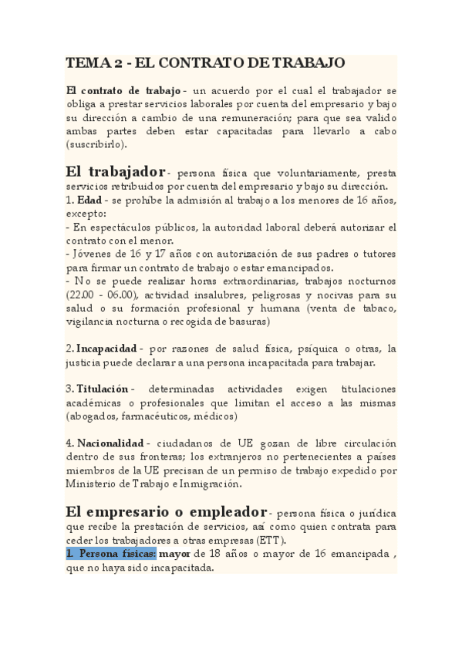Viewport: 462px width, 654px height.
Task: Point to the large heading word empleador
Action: coord(217,511)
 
